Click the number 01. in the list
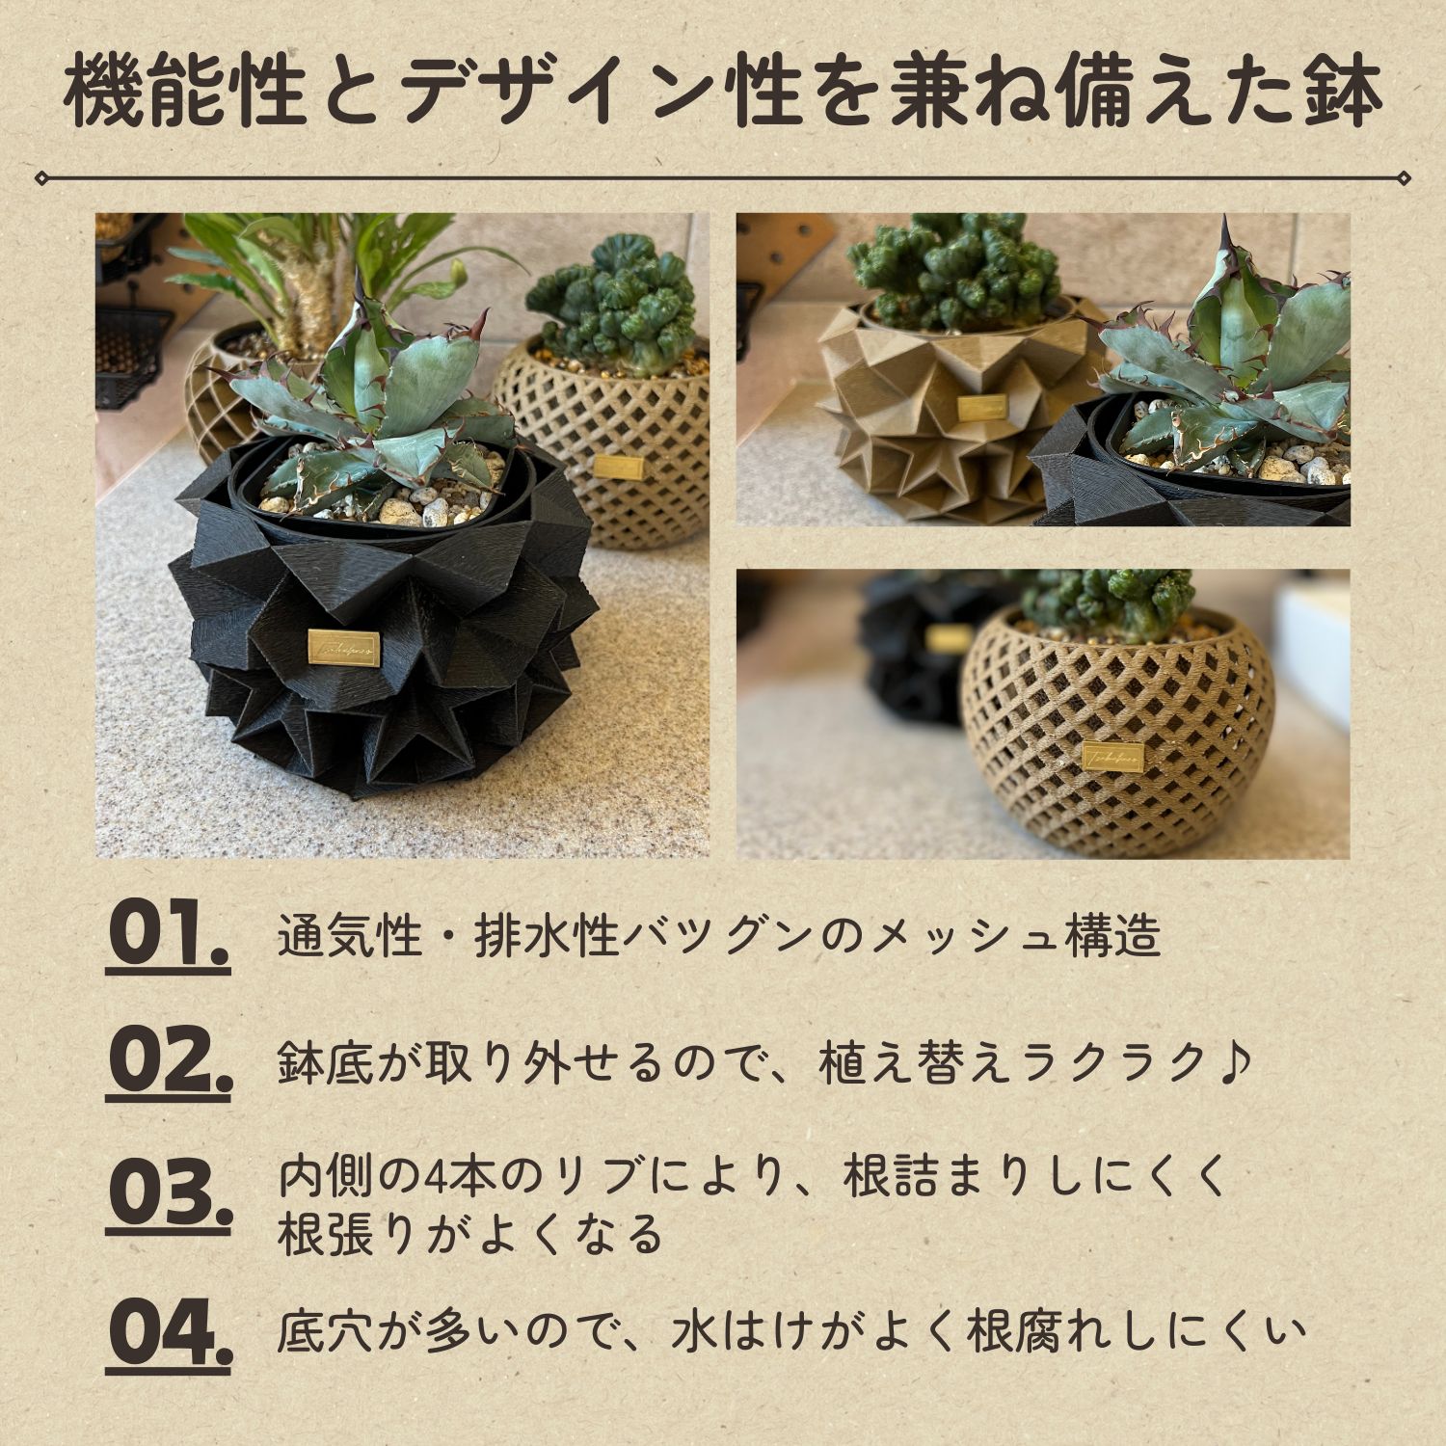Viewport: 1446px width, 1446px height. click(168, 935)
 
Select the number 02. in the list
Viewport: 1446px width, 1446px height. click(169, 1062)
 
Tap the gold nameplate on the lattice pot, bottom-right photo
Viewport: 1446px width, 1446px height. click(1113, 757)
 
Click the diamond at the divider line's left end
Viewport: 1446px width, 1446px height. click(40, 177)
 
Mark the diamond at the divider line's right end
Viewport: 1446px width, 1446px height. click(1405, 177)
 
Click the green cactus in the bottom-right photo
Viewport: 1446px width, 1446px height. click(1109, 602)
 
